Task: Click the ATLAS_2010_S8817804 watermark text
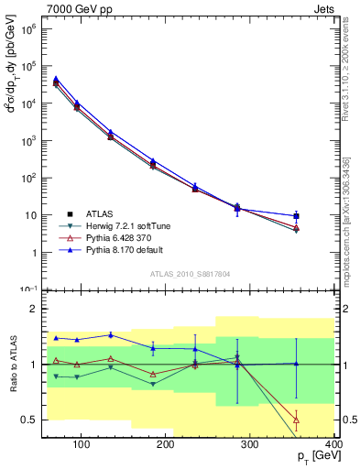[x=191, y=272]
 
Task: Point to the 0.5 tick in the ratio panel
[x=33, y=420]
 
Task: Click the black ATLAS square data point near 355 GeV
[x=296, y=216]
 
